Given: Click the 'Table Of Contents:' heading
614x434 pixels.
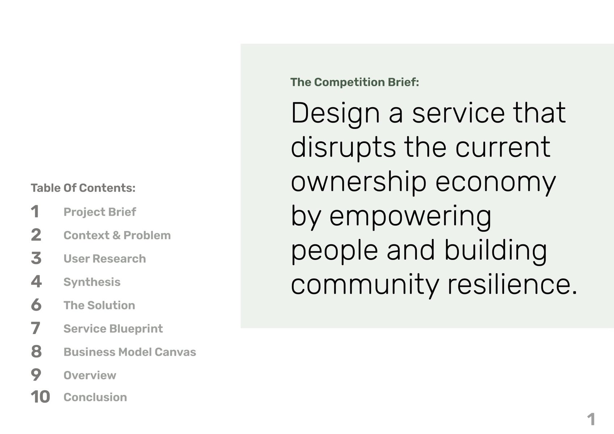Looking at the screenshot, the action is [83, 188].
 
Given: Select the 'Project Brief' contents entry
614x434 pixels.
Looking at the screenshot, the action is [100, 212].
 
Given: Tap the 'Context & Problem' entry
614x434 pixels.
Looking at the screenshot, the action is [117, 235].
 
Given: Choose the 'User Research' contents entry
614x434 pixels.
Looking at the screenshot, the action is [105, 258].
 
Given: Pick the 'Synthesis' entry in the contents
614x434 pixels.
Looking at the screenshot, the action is [92, 282].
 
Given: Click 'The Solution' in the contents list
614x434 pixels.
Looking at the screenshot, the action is [99, 305].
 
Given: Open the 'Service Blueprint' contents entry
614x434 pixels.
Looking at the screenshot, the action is [113, 329].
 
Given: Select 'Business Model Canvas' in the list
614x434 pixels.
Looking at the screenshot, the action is [130, 352].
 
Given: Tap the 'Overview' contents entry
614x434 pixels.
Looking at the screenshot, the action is [90, 375].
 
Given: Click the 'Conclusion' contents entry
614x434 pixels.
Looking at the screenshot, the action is [96, 397].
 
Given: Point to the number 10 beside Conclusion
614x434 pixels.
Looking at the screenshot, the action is [40, 397].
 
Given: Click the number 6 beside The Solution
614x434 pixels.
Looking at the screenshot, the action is [36, 305].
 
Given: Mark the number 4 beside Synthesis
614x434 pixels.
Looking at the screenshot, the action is [36, 282].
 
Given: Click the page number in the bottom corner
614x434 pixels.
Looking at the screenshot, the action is [591, 419].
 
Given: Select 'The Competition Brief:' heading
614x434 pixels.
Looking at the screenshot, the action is [355, 82].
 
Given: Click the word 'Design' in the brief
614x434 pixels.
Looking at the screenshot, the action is [335, 114].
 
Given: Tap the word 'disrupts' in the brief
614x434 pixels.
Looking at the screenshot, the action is [343, 147].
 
